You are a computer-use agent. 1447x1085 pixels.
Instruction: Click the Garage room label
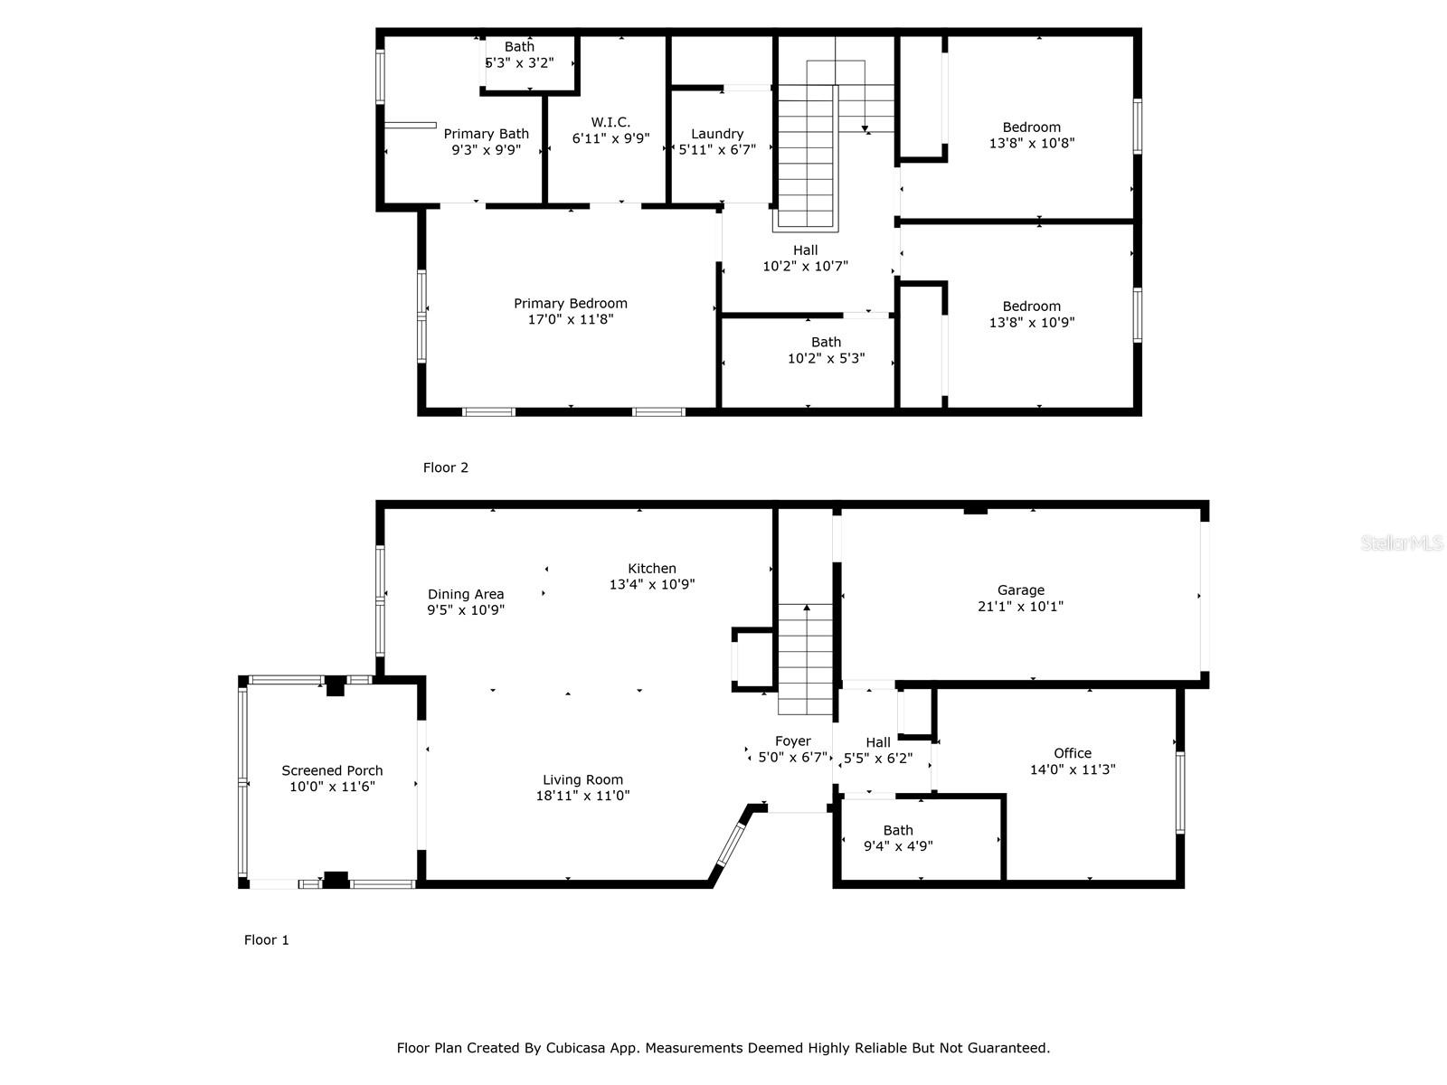1020,590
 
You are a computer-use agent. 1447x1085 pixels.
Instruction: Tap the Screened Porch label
332,770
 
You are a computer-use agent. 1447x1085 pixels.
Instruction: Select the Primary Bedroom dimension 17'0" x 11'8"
571,319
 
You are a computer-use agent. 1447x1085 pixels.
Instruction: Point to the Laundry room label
717,134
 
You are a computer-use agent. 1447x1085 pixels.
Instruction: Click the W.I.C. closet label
610,122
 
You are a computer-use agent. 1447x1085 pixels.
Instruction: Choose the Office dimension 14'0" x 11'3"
1073,769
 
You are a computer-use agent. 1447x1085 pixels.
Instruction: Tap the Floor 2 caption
446,467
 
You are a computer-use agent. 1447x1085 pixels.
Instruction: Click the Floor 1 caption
266,940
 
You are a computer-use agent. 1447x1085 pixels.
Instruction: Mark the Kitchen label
652,569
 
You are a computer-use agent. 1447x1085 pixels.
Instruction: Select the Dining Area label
466,595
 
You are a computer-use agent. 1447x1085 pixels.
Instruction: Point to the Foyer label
793,741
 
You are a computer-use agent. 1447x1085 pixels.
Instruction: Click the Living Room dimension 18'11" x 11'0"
582,796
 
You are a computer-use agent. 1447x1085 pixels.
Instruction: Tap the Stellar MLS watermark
1402,542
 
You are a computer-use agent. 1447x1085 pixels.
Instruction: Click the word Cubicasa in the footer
575,1048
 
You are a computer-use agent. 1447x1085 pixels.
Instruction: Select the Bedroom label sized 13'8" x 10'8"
1032,127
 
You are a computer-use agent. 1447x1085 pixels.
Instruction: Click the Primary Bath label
487,135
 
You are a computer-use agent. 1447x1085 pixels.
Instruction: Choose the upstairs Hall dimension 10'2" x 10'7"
806,267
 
